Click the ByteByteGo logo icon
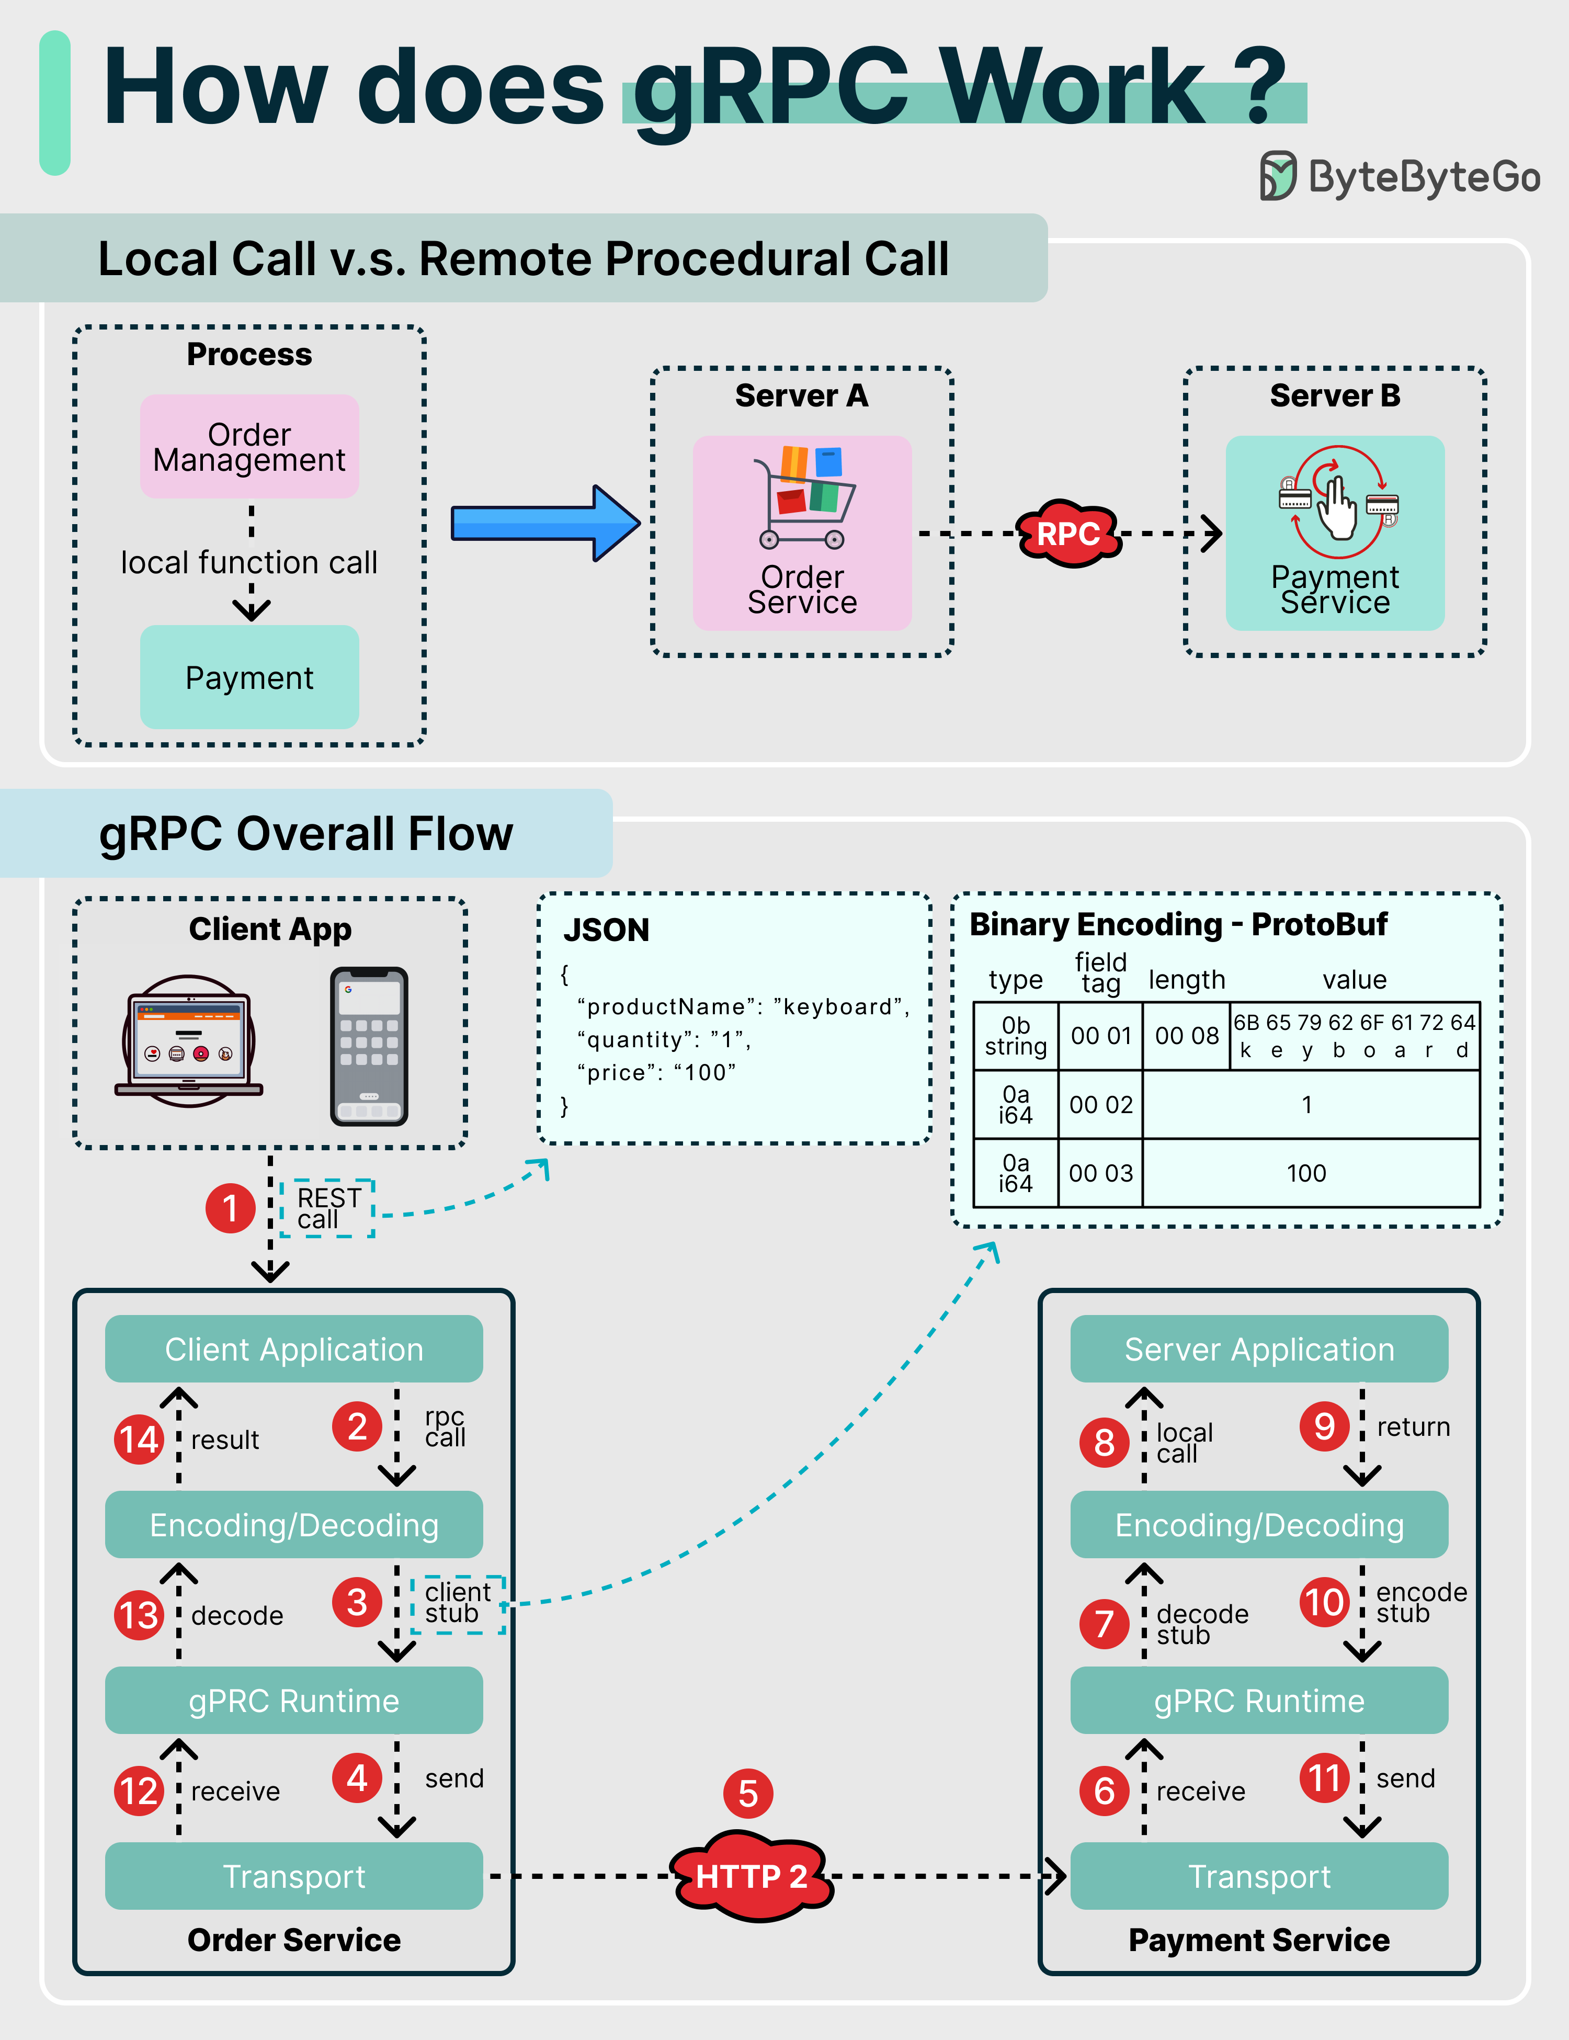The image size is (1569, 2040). (1278, 176)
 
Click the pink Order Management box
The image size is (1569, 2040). (249, 447)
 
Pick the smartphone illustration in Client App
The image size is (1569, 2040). (369, 1046)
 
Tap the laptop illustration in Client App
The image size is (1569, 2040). (189, 1041)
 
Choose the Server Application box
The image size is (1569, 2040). (1259, 1349)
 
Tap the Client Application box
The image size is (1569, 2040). (293, 1349)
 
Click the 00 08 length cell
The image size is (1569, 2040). (1186, 1036)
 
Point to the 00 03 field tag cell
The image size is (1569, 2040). (1100, 1173)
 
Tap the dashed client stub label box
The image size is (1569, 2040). (458, 1604)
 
